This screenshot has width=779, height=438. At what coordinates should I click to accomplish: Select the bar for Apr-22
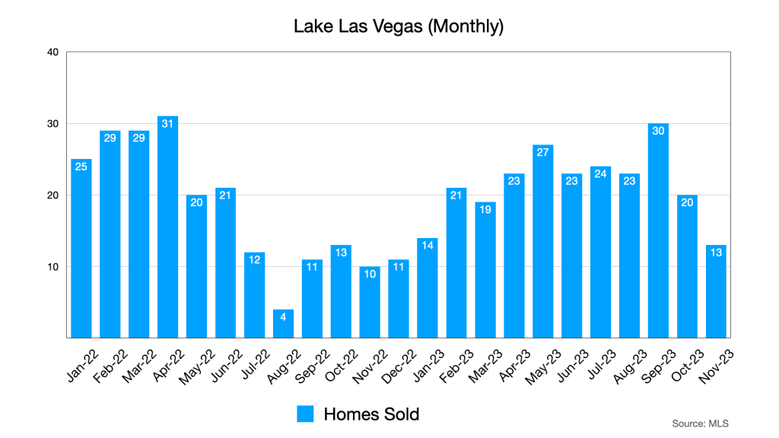(x=167, y=228)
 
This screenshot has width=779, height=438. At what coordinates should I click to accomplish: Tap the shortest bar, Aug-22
(x=283, y=324)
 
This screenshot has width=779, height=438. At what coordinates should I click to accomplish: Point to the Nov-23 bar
(x=716, y=292)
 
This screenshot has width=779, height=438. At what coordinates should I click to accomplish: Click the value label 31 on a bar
(x=167, y=123)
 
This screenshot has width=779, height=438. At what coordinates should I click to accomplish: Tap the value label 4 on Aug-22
(x=283, y=316)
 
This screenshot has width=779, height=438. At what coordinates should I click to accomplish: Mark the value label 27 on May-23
(x=542, y=151)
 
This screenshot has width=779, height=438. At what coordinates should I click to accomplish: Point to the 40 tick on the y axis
(x=52, y=52)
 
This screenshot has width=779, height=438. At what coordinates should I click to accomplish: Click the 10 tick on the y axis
(x=52, y=267)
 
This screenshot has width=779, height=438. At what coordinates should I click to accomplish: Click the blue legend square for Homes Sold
(x=305, y=414)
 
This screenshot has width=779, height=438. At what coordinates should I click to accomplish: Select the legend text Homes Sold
(x=371, y=414)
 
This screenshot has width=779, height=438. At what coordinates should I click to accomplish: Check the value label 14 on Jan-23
(x=428, y=245)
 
